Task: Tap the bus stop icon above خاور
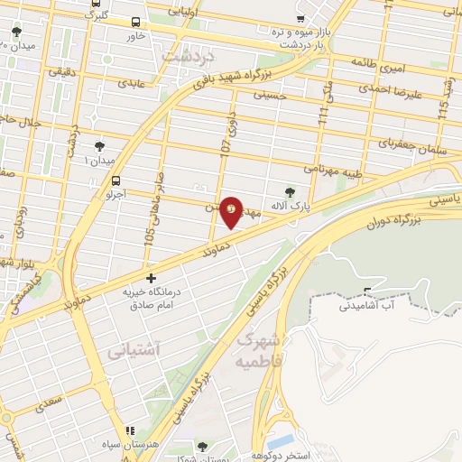pyautogui.click(x=135, y=22)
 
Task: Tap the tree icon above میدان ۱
pyautogui.click(x=98, y=146)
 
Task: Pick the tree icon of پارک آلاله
pyautogui.click(x=290, y=190)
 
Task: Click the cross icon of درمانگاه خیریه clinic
pyautogui.click(x=151, y=278)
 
